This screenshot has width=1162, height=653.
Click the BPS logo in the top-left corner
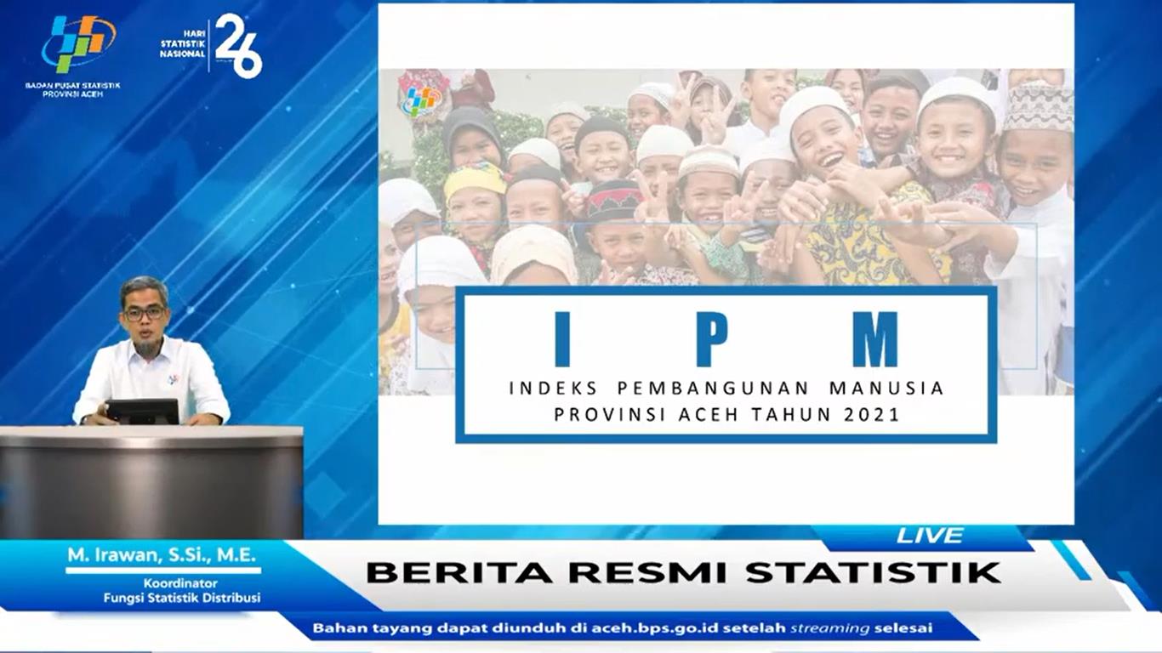(x=79, y=43)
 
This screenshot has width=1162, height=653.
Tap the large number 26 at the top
(x=239, y=46)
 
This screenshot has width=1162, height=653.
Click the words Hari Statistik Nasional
(x=183, y=44)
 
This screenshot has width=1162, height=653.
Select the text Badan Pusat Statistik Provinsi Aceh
(x=72, y=89)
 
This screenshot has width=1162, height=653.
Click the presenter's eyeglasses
(x=145, y=313)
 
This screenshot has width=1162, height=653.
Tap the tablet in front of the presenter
(x=143, y=412)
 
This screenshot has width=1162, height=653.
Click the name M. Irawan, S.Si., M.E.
(x=162, y=555)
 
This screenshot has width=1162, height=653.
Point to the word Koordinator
(x=180, y=583)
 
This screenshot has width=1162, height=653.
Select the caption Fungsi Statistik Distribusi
(x=181, y=598)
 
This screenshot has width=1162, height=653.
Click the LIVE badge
(x=930, y=536)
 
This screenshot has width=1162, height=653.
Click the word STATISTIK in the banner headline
(x=873, y=572)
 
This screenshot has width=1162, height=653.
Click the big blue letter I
(x=562, y=339)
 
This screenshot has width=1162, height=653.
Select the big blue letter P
(x=712, y=339)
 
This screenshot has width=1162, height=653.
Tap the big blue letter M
(x=875, y=339)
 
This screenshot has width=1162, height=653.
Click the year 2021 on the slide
(x=871, y=415)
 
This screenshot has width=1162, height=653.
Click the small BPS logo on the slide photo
(x=420, y=100)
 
